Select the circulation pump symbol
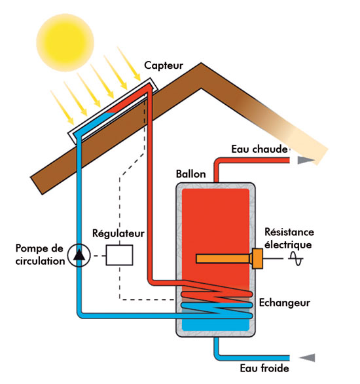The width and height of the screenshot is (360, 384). (79, 256)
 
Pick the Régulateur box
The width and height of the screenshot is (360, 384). (120, 255)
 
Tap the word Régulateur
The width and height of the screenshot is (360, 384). (118, 233)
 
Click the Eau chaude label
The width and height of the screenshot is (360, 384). (259, 149)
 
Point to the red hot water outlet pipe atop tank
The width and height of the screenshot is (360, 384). (217, 169)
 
